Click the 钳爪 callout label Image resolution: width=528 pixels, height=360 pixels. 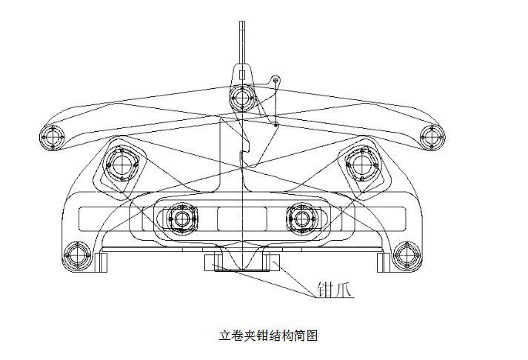point(335,289)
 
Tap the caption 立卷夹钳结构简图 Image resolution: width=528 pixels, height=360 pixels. point(268,336)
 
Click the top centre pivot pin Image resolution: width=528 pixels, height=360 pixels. point(241,98)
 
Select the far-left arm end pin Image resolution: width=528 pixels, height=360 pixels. point(53,137)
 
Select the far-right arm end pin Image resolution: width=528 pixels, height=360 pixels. point(432,137)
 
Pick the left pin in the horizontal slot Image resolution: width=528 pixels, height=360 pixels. point(182,219)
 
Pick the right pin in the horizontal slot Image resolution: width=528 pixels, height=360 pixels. point(301,219)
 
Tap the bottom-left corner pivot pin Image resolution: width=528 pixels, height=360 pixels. point(78,256)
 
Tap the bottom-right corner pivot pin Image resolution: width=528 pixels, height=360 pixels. point(407,256)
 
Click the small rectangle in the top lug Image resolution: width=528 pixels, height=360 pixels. point(241,75)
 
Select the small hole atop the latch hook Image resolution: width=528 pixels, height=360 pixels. point(276,80)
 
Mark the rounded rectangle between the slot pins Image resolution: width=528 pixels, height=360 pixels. point(242,219)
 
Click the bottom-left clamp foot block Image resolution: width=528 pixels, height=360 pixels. point(101,263)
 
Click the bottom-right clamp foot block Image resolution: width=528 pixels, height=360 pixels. point(383,263)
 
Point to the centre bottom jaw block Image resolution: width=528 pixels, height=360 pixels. point(241,263)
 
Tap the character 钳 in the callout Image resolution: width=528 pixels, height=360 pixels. point(325,289)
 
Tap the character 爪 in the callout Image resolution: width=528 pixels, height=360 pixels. point(344,289)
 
